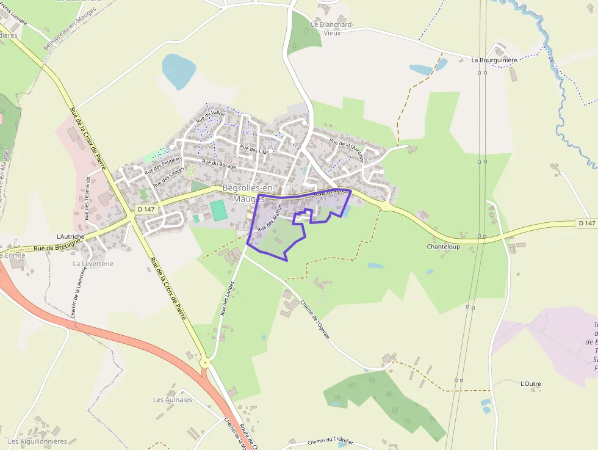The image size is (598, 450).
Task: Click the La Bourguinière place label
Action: click(494, 60)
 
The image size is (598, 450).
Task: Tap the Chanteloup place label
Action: click(443, 247)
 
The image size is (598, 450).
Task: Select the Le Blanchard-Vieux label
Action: click(332, 29)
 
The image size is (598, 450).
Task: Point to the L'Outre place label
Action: click(530, 384)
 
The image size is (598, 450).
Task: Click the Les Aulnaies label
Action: click(172, 400)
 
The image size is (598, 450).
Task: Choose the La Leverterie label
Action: click(93, 264)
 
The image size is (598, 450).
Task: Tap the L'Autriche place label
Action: click(70, 236)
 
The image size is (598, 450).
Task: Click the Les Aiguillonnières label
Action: click(37, 441)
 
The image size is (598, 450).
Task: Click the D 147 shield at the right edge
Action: click(586, 223)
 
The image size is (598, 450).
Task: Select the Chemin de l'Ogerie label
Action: click(315, 321)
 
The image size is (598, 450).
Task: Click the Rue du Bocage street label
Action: click(218, 164)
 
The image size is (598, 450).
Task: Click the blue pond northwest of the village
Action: click(178, 70)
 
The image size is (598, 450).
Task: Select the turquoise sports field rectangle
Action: click(218, 211)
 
